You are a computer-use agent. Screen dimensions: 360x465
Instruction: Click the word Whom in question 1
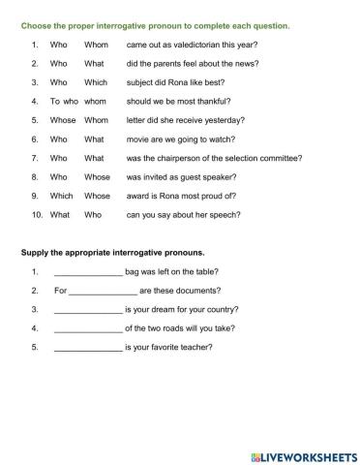coord(96,45)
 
